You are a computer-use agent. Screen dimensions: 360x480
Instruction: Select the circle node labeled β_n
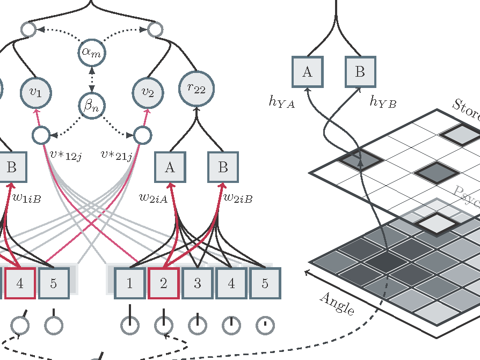pyautogui.click(x=92, y=106)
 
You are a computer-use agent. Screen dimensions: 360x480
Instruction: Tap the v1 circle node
pyautogui.click(x=35, y=92)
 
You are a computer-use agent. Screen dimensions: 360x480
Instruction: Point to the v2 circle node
pyautogui.click(x=148, y=92)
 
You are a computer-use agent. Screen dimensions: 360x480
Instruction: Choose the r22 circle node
pyautogui.click(x=196, y=89)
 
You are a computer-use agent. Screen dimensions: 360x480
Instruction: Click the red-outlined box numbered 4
pyautogui.click(x=20, y=283)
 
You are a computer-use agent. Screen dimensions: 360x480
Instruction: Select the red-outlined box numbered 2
pyautogui.click(x=163, y=283)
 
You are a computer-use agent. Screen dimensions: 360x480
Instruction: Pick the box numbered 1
pyautogui.click(x=129, y=283)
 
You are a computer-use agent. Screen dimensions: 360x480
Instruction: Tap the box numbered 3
pyautogui.click(x=197, y=283)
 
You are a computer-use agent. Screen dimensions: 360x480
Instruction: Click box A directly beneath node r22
pyautogui.click(x=170, y=167)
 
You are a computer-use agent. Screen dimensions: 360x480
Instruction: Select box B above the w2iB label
pyautogui.click(x=223, y=167)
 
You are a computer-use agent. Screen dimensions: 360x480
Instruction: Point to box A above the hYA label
pyautogui.click(x=307, y=72)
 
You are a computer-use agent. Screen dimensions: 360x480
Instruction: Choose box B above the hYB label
pyautogui.click(x=360, y=72)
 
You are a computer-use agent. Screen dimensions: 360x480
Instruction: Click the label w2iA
pyautogui.click(x=153, y=198)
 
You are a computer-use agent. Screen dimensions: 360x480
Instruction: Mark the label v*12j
pyautogui.click(x=65, y=156)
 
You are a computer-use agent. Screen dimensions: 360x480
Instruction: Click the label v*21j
pyautogui.click(x=117, y=156)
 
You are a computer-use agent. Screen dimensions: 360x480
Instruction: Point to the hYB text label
pyautogui.click(x=382, y=102)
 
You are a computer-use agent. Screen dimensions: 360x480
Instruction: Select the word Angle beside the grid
pyautogui.click(x=337, y=304)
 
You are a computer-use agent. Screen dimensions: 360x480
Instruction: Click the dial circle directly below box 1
pyautogui.click(x=129, y=325)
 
